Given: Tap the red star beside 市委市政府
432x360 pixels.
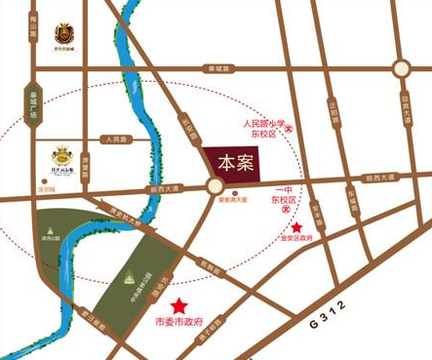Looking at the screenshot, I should [x=178, y=305].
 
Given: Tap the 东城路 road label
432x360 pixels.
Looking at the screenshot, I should [x=350, y=206].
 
